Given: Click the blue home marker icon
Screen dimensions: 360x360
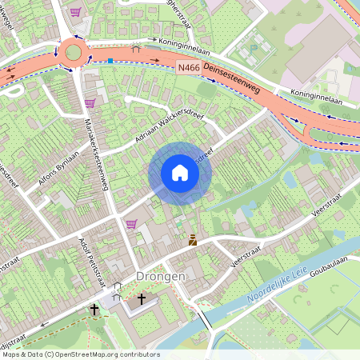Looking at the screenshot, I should [x=180, y=173].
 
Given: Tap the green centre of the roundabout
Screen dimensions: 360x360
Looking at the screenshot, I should [x=73, y=53].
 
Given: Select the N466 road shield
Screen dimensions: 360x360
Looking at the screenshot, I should [x=189, y=69].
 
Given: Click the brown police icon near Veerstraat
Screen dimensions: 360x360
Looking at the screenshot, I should [x=192, y=239].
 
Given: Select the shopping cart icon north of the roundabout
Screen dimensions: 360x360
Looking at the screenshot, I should [x=75, y=12].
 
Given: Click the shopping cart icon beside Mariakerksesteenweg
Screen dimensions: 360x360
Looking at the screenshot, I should [x=90, y=102].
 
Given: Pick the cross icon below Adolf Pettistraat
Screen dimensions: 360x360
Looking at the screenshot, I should [x=94, y=307].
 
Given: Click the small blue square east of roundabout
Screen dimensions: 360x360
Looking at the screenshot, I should [x=110, y=59].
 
